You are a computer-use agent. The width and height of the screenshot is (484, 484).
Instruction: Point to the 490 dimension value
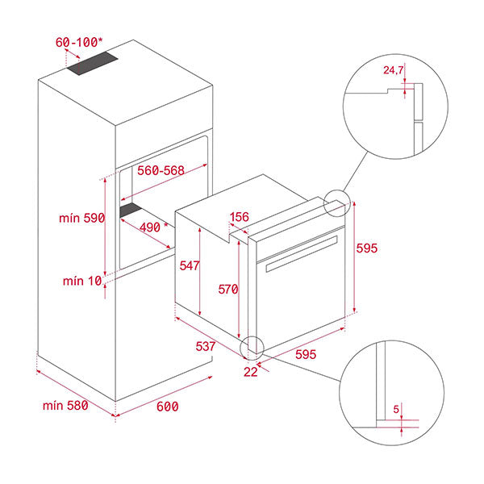(x=150, y=227)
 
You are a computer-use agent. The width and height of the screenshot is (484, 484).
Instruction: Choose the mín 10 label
(x=83, y=281)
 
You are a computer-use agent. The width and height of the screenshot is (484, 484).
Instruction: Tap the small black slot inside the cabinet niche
(x=130, y=211)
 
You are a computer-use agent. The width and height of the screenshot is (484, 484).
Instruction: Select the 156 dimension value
(x=240, y=216)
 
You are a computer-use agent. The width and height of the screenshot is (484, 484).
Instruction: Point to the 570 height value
(x=229, y=288)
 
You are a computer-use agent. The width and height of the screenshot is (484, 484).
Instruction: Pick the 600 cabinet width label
(x=166, y=407)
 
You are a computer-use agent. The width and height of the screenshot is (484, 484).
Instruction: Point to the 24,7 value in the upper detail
(x=394, y=70)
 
